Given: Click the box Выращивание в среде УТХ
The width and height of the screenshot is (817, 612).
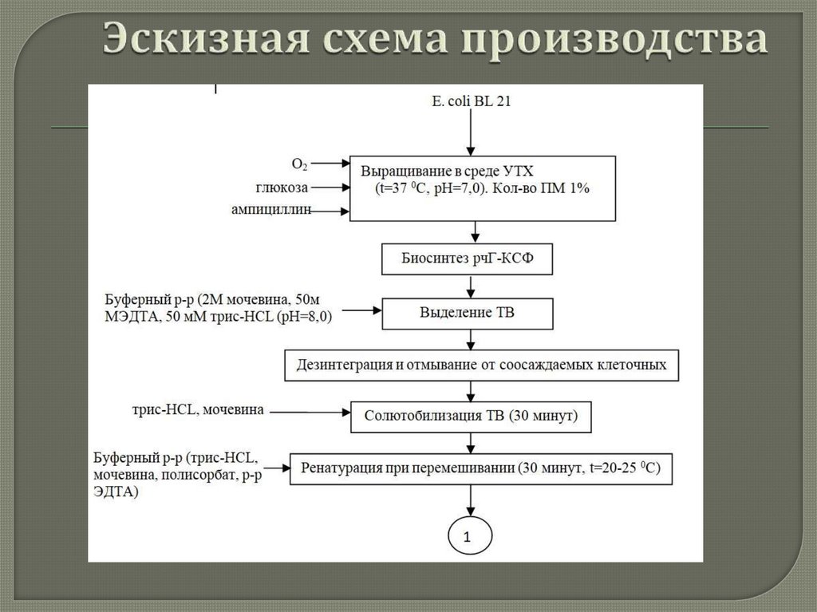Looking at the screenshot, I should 483,188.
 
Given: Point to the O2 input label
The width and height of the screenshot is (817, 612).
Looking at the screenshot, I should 299,164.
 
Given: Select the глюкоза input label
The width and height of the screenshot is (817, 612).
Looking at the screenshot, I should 280,188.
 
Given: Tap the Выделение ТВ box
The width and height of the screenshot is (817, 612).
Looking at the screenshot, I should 467,313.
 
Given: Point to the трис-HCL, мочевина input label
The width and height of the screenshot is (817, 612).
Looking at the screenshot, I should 199,411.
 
